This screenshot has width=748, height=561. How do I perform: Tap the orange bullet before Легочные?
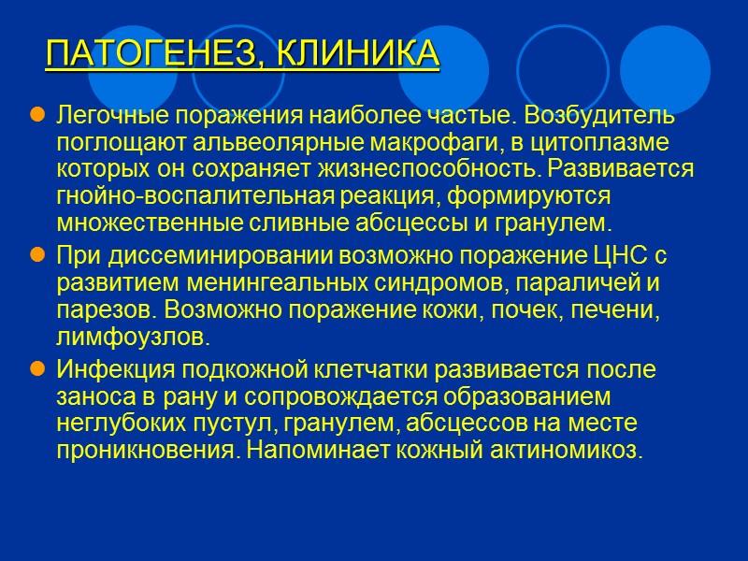coord(37,116)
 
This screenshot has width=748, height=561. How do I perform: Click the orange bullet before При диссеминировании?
coord(37,254)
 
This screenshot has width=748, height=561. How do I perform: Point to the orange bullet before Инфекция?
coord(37,369)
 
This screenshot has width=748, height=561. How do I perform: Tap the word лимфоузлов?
coord(126,336)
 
